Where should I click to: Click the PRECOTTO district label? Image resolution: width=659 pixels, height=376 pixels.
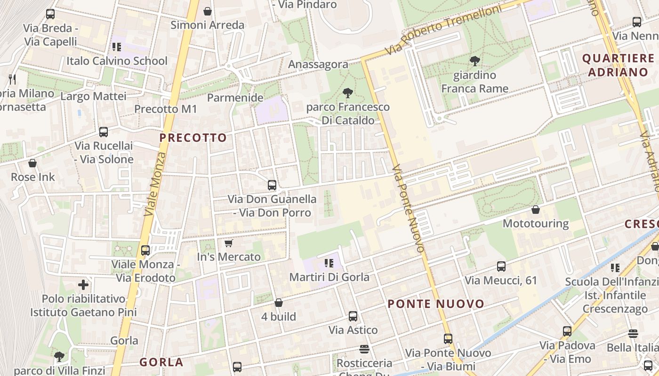193,138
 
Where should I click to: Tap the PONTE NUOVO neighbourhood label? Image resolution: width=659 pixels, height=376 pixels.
436,304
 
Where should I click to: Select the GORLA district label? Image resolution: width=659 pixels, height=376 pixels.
161,362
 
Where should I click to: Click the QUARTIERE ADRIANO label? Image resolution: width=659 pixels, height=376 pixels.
618,65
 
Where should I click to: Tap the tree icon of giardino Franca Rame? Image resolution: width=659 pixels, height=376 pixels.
474,61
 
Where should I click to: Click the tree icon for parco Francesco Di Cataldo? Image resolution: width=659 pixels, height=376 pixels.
348,93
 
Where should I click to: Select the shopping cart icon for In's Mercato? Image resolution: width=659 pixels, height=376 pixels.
229,243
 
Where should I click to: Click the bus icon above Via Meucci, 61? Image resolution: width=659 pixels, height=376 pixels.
501,266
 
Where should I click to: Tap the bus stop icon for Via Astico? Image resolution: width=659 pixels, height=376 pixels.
353,316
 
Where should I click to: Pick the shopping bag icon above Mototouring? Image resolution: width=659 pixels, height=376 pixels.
535,209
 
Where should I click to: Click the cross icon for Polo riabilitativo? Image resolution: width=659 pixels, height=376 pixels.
83,284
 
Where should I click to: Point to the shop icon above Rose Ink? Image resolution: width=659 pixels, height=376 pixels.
32,163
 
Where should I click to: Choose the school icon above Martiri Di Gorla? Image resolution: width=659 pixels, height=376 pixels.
329,263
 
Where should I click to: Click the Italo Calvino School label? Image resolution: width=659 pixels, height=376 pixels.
117,61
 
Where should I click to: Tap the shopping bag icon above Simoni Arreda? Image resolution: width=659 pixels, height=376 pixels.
207,11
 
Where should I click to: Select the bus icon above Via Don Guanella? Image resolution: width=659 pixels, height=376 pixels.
272,185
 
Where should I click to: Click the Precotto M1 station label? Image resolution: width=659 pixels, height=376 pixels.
166,109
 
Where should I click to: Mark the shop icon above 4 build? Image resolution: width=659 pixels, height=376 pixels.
279,303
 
